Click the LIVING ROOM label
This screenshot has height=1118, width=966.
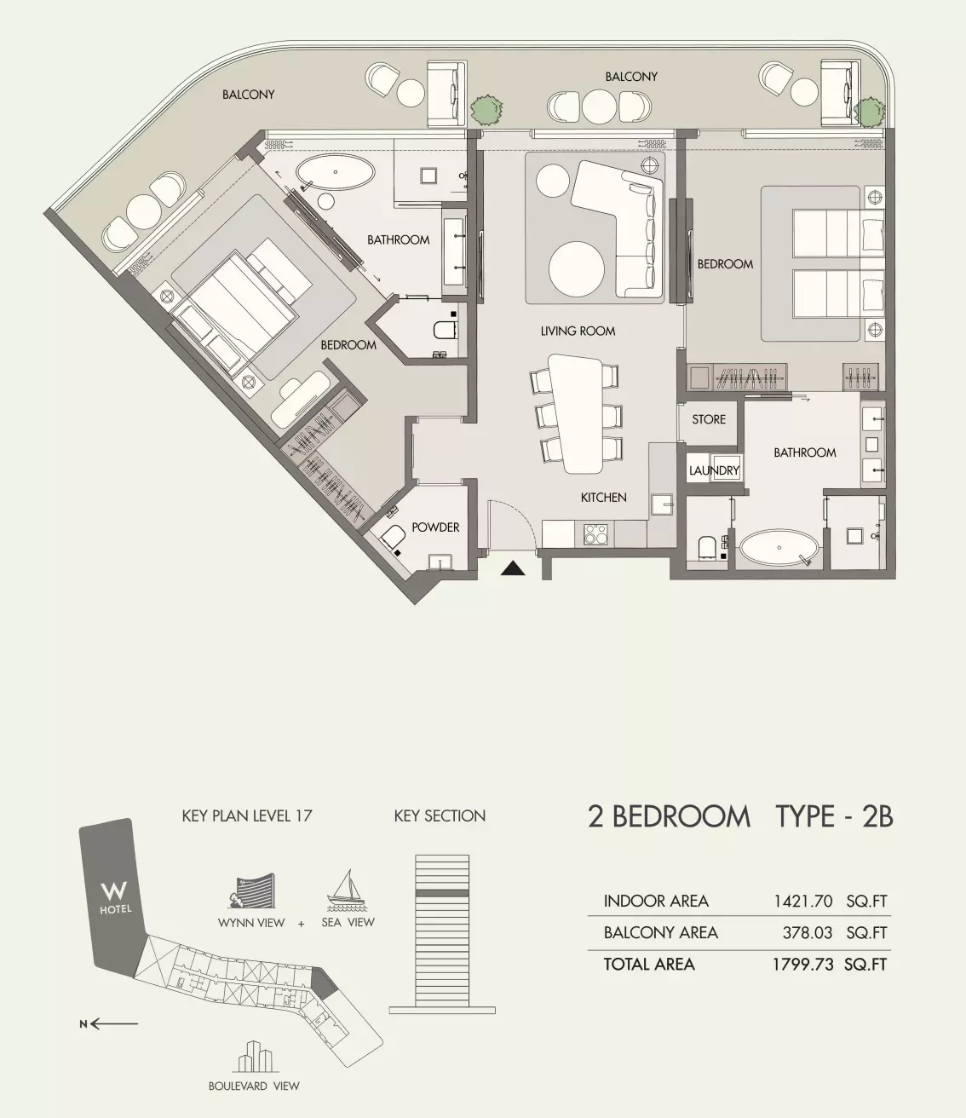578,331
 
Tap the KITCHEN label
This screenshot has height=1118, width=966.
603,497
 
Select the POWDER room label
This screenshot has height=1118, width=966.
435,527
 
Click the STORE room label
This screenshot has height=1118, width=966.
709,419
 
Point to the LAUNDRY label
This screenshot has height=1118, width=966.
714,470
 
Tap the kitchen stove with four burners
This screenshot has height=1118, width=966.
595,534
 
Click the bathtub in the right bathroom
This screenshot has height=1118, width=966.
779,548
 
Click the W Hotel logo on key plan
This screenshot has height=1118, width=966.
115,896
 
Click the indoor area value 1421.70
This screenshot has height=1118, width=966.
802,901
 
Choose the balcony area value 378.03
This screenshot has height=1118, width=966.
807,932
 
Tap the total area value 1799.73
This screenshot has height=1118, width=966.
802,964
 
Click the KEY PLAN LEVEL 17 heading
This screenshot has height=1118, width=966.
247,815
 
